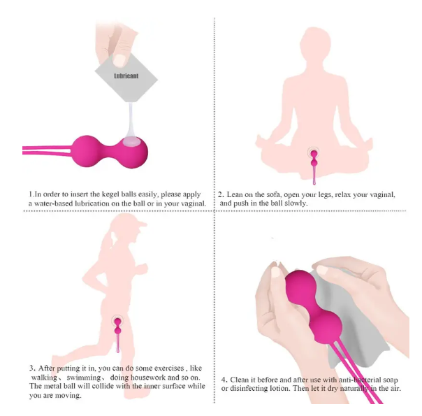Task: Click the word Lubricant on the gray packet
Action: pos(126,76)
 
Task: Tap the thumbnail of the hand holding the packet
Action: pos(119,59)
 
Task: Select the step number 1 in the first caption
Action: pos(31,194)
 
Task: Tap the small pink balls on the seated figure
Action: pos(314,159)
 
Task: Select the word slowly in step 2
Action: pos(296,203)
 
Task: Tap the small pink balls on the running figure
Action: pos(118,326)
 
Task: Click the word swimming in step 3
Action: pos(83,378)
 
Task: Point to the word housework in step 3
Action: pos(147,378)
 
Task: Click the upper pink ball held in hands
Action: pos(298,287)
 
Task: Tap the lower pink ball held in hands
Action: pos(326,327)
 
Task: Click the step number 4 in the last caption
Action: pos(224,380)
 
